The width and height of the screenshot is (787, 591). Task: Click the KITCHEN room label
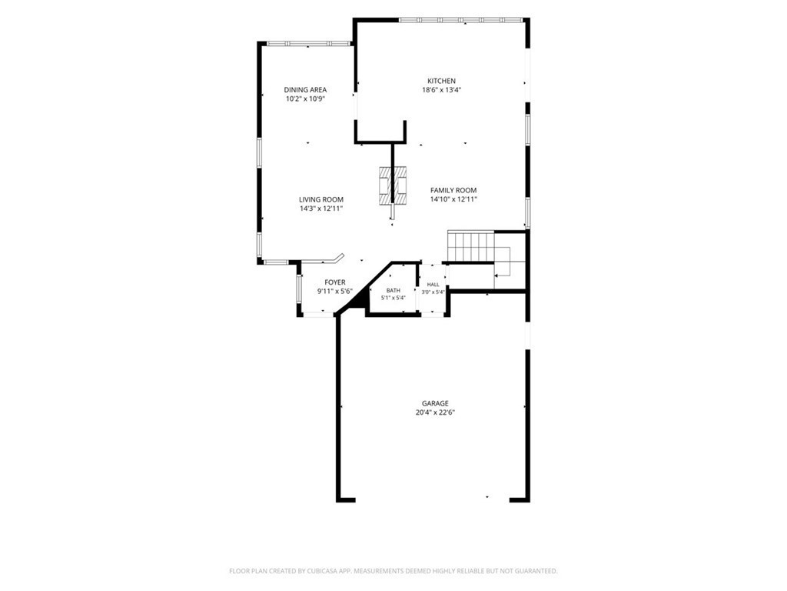pyautogui.click(x=441, y=81)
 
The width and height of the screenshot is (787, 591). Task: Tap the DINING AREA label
pyautogui.click(x=305, y=90)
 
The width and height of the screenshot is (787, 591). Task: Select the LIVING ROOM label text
pyautogui.click(x=321, y=199)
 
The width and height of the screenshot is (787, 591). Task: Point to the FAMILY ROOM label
pyautogui.click(x=453, y=191)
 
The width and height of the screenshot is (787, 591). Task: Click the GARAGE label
pyautogui.click(x=435, y=403)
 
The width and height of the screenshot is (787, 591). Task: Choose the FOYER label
pyautogui.click(x=335, y=282)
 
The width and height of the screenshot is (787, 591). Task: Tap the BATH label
pyautogui.click(x=393, y=290)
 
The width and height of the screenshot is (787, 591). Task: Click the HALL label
pyautogui.click(x=433, y=285)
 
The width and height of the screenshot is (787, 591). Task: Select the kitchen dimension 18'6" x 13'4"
pyautogui.click(x=442, y=90)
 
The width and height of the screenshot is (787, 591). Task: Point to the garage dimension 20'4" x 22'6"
pyautogui.click(x=435, y=412)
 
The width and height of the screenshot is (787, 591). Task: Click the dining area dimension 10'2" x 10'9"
pyautogui.click(x=306, y=99)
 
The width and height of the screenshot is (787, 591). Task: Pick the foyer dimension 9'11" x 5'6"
pyautogui.click(x=335, y=292)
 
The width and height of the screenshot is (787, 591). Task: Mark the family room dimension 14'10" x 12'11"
pyautogui.click(x=453, y=199)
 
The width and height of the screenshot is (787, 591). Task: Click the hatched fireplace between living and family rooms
pyautogui.click(x=393, y=185)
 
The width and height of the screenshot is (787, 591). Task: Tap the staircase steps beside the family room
pyautogui.click(x=471, y=246)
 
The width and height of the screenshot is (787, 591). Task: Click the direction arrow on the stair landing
pyautogui.click(x=502, y=275)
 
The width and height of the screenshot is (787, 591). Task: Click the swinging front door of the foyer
pyautogui.click(x=322, y=260)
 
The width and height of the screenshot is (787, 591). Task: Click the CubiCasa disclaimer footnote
pyautogui.click(x=393, y=571)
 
